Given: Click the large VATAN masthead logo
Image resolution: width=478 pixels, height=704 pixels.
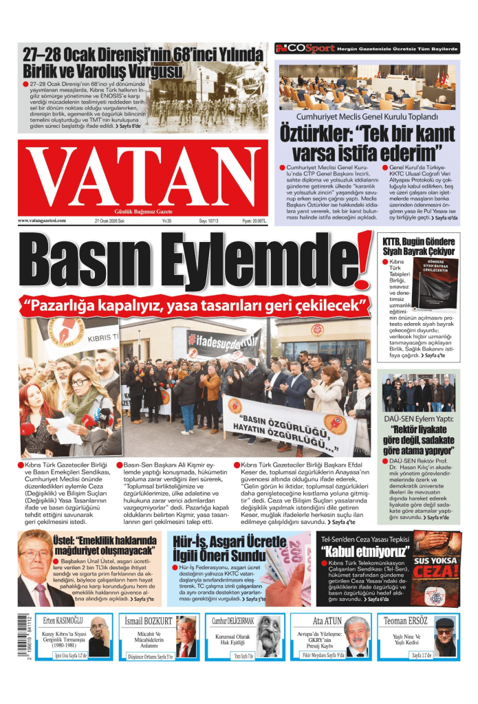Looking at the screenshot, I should pyautogui.click(x=143, y=176).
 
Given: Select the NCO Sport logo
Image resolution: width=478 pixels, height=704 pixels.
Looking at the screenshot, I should pyautogui.click(x=305, y=49).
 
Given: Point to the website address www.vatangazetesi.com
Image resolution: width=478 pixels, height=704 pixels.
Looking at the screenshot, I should pyautogui.click(x=42, y=221).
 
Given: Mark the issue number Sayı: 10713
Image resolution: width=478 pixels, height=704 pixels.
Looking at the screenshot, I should pyautogui.click(x=208, y=221).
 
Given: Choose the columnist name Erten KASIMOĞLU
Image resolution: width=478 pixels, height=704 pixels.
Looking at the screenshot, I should pyautogui.click(x=63, y=620).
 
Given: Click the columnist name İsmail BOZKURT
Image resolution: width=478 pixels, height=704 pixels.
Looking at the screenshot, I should pyautogui.click(x=149, y=620).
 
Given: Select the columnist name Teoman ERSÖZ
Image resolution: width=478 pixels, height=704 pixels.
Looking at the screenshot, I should pyautogui.click(x=407, y=620).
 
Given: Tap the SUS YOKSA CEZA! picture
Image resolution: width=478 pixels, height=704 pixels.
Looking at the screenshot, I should pyautogui.click(x=433, y=569).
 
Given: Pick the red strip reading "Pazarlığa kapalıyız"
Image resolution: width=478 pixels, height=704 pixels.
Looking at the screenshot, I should pyautogui.click(x=193, y=303).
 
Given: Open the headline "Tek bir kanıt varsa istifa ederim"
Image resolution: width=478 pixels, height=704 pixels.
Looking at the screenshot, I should pyautogui.click(x=368, y=141).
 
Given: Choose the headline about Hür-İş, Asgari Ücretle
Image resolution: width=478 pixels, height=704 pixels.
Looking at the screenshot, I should pyautogui.click(x=219, y=548).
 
